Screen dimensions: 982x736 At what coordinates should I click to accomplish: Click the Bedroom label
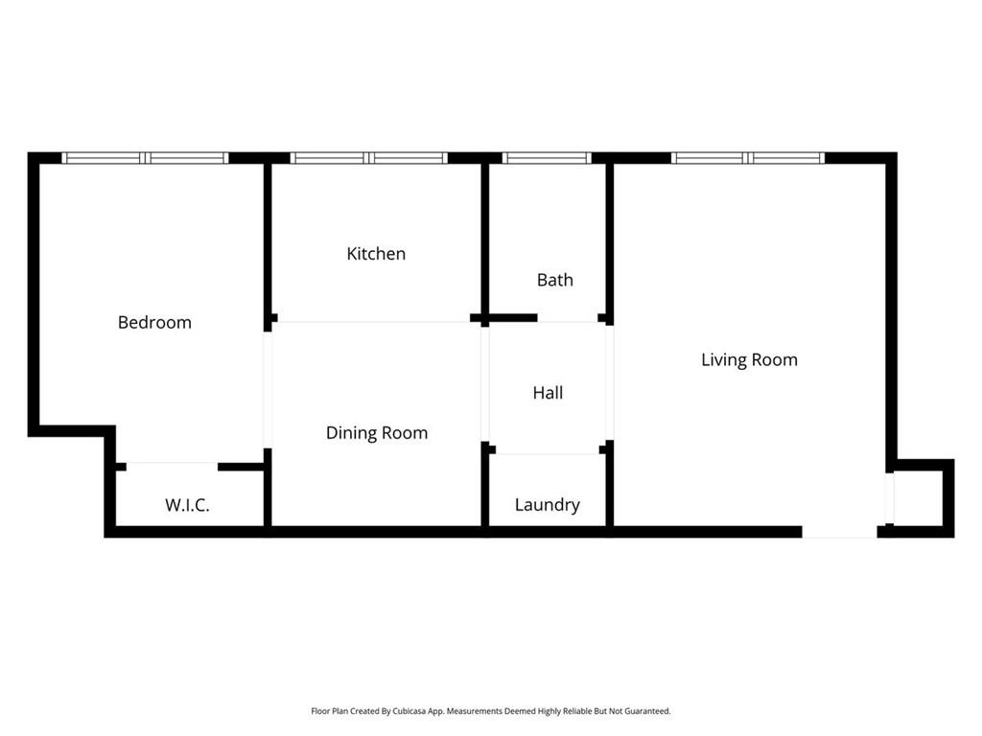(154, 322)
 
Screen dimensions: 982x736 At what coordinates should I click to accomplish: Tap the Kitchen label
(376, 253)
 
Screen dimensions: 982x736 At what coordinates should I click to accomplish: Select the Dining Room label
(376, 433)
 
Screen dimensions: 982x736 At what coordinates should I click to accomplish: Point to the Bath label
(555, 280)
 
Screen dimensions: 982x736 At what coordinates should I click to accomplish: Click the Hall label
(548, 393)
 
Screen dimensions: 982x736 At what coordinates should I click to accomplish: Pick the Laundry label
(548, 505)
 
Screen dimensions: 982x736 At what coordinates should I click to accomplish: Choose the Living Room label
(749, 360)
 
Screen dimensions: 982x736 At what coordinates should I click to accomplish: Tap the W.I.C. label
(187, 505)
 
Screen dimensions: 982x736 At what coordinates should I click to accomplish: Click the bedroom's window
(145, 158)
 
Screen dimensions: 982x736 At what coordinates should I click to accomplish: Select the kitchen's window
(368, 158)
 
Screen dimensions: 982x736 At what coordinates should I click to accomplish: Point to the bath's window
(547, 158)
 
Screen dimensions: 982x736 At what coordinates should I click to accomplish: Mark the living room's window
(748, 158)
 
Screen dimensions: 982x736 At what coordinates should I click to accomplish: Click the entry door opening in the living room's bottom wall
(839, 533)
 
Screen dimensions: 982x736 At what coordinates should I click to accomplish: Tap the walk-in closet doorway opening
(173, 467)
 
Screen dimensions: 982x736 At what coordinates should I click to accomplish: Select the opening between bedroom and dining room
(268, 390)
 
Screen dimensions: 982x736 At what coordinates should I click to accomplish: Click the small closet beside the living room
(920, 498)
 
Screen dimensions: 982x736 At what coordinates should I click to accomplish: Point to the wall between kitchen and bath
(484, 239)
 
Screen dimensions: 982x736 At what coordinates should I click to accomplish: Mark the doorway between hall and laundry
(548, 450)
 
